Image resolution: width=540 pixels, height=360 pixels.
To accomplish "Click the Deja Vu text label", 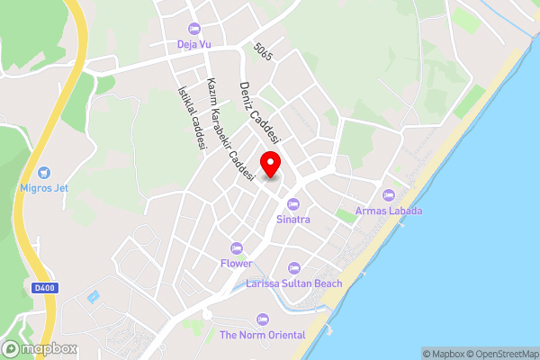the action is click(x=194, y=44).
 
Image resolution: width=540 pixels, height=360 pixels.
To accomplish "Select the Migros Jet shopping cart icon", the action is click(x=44, y=172).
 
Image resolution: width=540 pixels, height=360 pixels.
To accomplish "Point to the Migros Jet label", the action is click(x=44, y=188).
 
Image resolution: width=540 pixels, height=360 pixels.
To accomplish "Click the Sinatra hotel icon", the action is click(x=292, y=203).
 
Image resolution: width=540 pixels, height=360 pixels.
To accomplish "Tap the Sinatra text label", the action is click(x=292, y=219).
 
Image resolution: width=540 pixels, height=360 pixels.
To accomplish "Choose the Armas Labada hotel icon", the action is click(x=389, y=195).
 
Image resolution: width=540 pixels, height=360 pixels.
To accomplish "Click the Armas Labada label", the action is click(x=389, y=211).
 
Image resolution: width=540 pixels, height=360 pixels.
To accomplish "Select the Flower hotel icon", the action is click(x=237, y=248).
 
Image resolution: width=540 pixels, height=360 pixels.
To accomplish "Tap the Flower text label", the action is click(x=237, y=264).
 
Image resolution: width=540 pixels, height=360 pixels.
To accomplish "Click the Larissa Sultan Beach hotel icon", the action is click(x=293, y=268).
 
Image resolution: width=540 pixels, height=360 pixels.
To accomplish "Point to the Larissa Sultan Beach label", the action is click(x=293, y=283).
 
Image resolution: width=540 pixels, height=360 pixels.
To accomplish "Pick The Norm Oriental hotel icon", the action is click(x=263, y=319).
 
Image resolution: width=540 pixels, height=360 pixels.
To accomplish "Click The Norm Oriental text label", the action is click(x=263, y=335).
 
